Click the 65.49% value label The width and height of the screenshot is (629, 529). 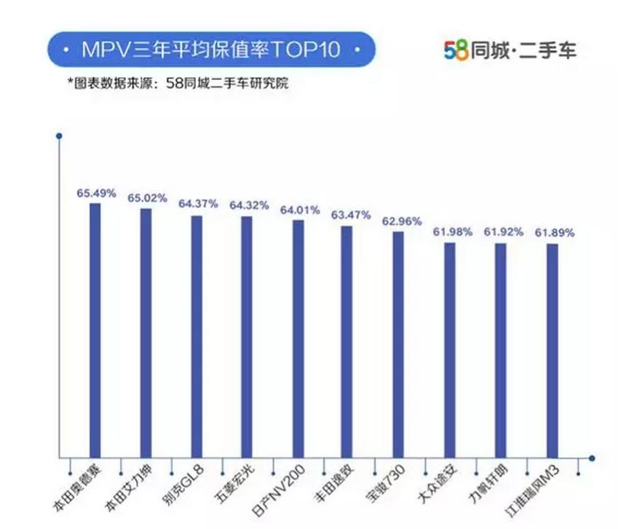(x=96, y=194)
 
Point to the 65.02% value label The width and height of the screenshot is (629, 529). (x=147, y=198)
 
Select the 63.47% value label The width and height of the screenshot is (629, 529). (x=350, y=215)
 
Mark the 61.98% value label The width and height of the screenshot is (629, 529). (x=452, y=232)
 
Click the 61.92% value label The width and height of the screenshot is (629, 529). (x=503, y=233)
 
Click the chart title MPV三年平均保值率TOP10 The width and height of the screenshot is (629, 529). (x=210, y=52)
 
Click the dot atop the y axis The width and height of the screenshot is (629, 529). (x=59, y=135)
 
